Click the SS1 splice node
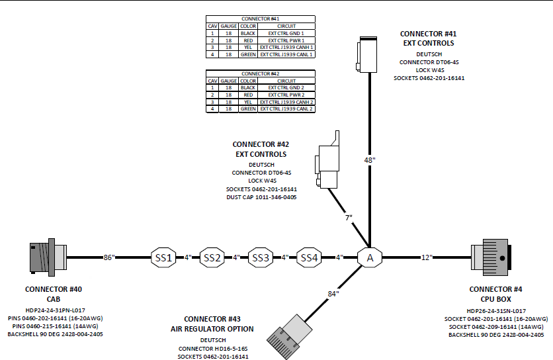[x=163, y=257]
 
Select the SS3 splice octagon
[x=261, y=257]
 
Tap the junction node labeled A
[x=370, y=257]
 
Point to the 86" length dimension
[x=109, y=257]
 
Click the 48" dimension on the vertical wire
[x=370, y=160]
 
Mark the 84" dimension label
[x=333, y=294]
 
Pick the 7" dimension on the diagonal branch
[x=349, y=218]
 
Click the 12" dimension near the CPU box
[x=427, y=257]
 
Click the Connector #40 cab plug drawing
[x=48, y=257]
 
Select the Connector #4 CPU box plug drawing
[x=491, y=257]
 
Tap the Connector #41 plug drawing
[x=366, y=54]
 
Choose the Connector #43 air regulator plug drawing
[x=289, y=337]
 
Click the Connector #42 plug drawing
[x=327, y=160]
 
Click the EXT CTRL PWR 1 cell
[x=286, y=40]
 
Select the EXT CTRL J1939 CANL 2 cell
[x=286, y=109]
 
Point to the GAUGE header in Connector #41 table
[x=228, y=26]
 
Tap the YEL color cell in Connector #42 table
[x=248, y=102]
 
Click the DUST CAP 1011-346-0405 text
[x=261, y=197]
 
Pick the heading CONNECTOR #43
[x=212, y=319]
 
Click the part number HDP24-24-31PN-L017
[x=56, y=310]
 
